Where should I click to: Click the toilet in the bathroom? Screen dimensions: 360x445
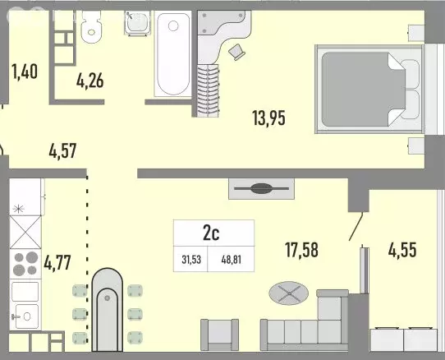pyautogui.click(x=91, y=29)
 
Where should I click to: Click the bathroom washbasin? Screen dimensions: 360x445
pyautogui.click(x=136, y=25)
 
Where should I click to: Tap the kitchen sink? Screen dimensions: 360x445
pyautogui.click(x=27, y=314)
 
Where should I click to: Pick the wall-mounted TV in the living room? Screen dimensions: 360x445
pyautogui.click(x=259, y=188)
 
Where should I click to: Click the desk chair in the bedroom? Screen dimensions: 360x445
pyautogui.click(x=238, y=51)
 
